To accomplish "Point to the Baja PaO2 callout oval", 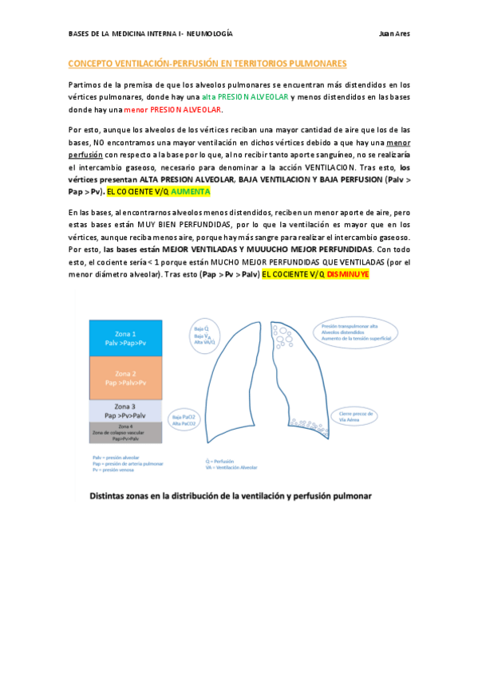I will click(185, 419).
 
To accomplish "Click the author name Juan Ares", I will click(394, 34).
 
